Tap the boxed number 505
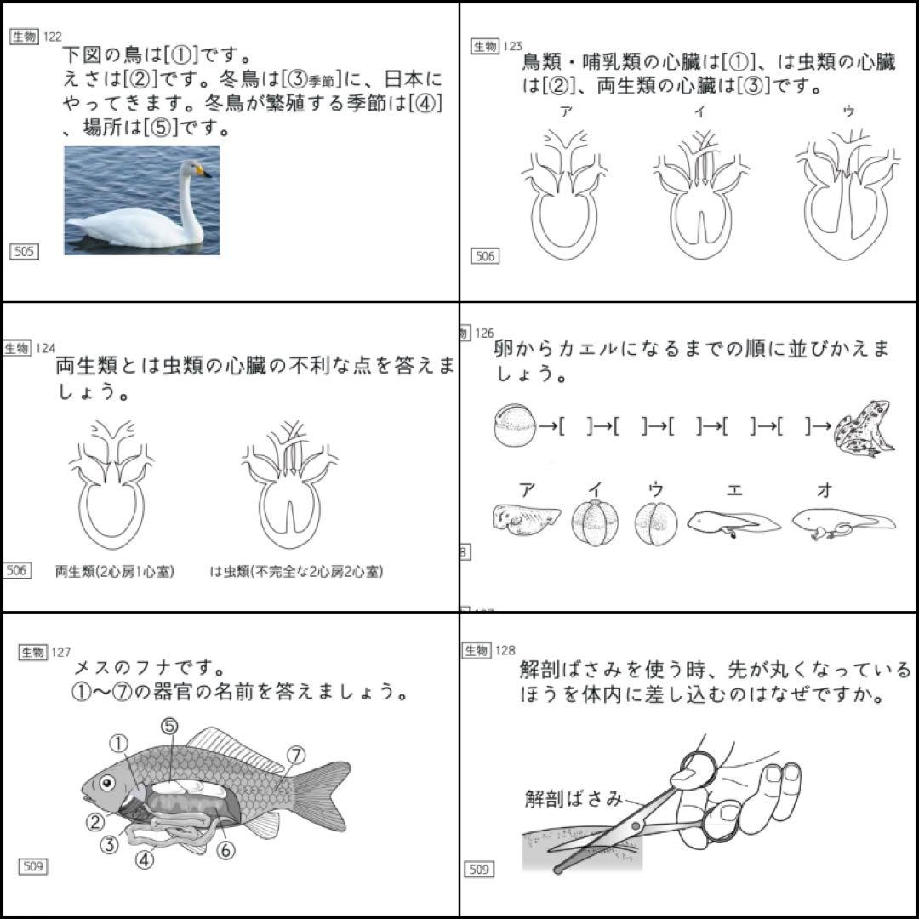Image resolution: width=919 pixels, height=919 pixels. tap(24, 251)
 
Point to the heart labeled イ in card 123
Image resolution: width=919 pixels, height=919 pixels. tap(700, 196)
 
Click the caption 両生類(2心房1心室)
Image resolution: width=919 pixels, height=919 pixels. tap(114, 572)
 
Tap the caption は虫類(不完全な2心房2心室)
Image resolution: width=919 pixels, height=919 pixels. tap(296, 572)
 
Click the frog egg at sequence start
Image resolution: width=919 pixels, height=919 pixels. tap(515, 425)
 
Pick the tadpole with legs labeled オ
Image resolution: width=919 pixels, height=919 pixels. tap(842, 522)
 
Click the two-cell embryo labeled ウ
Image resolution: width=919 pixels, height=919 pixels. tap(656, 523)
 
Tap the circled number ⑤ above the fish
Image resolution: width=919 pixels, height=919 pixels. tap(169, 726)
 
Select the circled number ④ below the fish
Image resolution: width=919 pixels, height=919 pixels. tap(146, 859)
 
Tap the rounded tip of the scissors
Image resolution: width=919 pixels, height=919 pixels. tap(558, 870)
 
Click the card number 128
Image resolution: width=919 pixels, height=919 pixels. tap(505, 650)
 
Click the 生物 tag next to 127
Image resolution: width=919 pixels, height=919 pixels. tap(33, 652)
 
